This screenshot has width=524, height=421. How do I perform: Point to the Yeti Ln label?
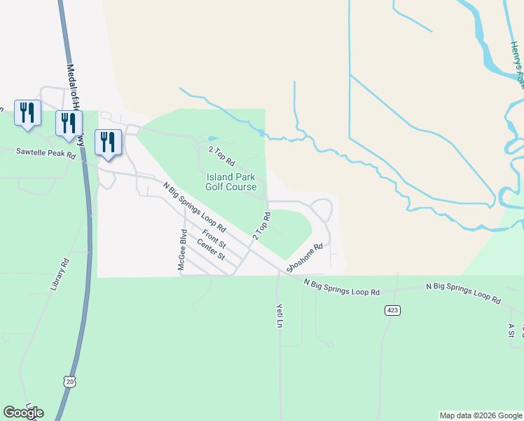278,316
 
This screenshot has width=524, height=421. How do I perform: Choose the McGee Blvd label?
181,253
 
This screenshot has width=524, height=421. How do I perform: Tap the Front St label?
214,239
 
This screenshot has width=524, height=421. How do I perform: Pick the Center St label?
211,250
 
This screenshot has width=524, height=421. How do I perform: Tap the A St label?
512,330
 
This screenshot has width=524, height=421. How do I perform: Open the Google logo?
23,413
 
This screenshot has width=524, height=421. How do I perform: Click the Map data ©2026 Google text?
481,415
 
